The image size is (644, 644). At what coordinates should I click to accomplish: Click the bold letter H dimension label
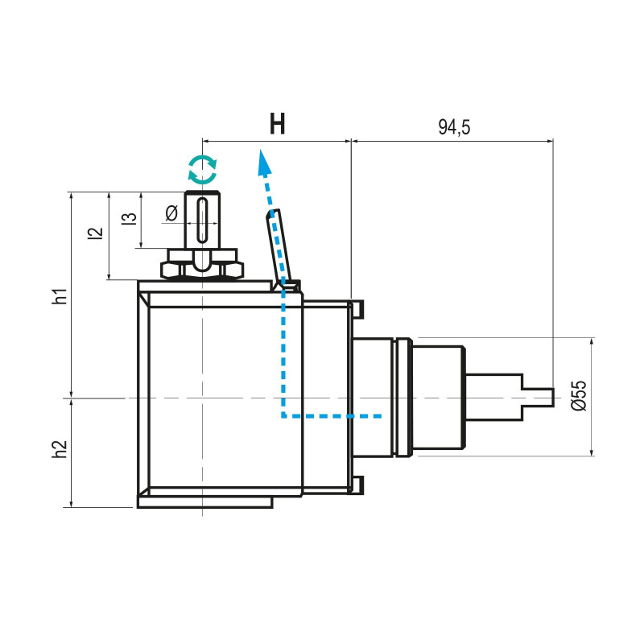click(x=277, y=125)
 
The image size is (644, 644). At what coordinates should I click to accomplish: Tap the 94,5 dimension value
click(x=454, y=126)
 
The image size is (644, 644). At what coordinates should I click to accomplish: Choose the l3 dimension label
click(x=127, y=219)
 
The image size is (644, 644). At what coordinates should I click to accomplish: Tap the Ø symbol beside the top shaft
click(x=171, y=213)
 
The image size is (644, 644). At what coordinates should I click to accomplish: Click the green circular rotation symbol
click(x=202, y=168)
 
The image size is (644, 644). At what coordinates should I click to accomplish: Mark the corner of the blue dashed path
click(x=283, y=416)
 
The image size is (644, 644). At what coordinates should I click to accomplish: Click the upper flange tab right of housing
click(x=359, y=308)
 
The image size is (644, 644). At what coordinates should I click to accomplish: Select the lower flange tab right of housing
click(x=359, y=485)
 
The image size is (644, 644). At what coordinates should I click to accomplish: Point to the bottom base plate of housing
click(x=205, y=502)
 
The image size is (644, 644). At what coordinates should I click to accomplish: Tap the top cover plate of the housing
click(x=205, y=286)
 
